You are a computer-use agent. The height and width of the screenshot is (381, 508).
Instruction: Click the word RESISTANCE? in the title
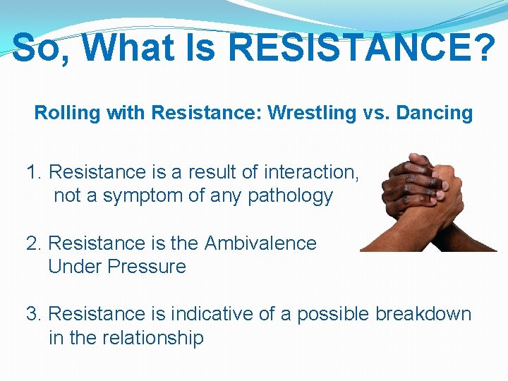(x=362, y=48)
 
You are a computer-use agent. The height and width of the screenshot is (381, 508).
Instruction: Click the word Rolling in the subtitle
(x=63, y=113)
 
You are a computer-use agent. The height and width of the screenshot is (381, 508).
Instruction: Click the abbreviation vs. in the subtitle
(x=373, y=113)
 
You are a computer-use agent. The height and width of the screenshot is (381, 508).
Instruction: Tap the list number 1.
(x=33, y=172)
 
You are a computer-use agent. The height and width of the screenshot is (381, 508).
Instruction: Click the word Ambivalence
(x=260, y=243)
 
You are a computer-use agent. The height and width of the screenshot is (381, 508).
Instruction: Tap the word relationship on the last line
(x=151, y=337)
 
